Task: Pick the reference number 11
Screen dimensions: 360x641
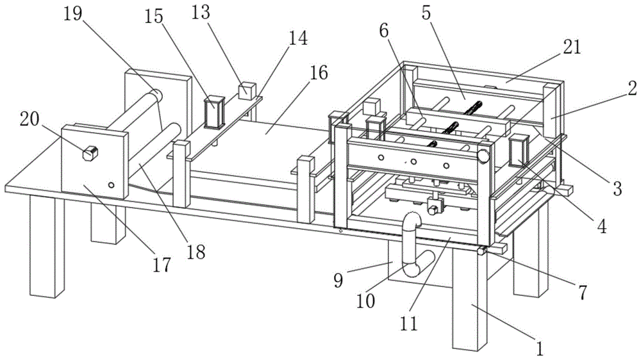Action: pyautogui.click(x=409, y=323)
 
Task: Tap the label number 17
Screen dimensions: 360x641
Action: pyautogui.click(x=162, y=263)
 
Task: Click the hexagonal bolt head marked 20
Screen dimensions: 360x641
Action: pyautogui.click(x=90, y=152)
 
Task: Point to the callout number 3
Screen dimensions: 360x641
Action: pyautogui.click(x=616, y=188)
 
